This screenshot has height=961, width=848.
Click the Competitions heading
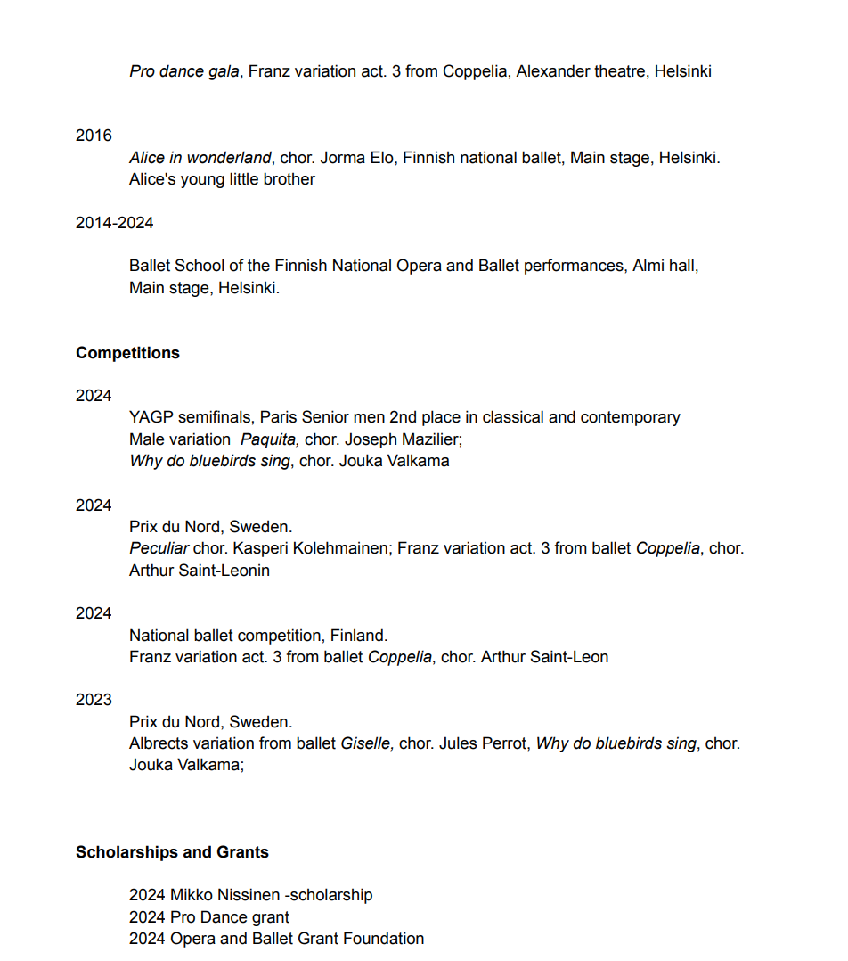click(127, 353)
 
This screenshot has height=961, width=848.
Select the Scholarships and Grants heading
click(172, 852)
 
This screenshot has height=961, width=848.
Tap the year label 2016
click(94, 136)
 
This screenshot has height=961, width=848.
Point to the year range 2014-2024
click(114, 223)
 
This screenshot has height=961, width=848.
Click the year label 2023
click(94, 700)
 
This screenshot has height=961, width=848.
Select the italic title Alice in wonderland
click(200, 158)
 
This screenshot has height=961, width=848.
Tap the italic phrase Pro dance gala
click(183, 71)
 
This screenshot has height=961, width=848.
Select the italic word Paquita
click(269, 439)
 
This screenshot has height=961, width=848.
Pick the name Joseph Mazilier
click(401, 439)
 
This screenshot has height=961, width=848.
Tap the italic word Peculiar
click(159, 548)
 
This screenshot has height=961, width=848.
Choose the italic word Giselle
click(366, 743)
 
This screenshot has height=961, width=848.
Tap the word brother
click(288, 179)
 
